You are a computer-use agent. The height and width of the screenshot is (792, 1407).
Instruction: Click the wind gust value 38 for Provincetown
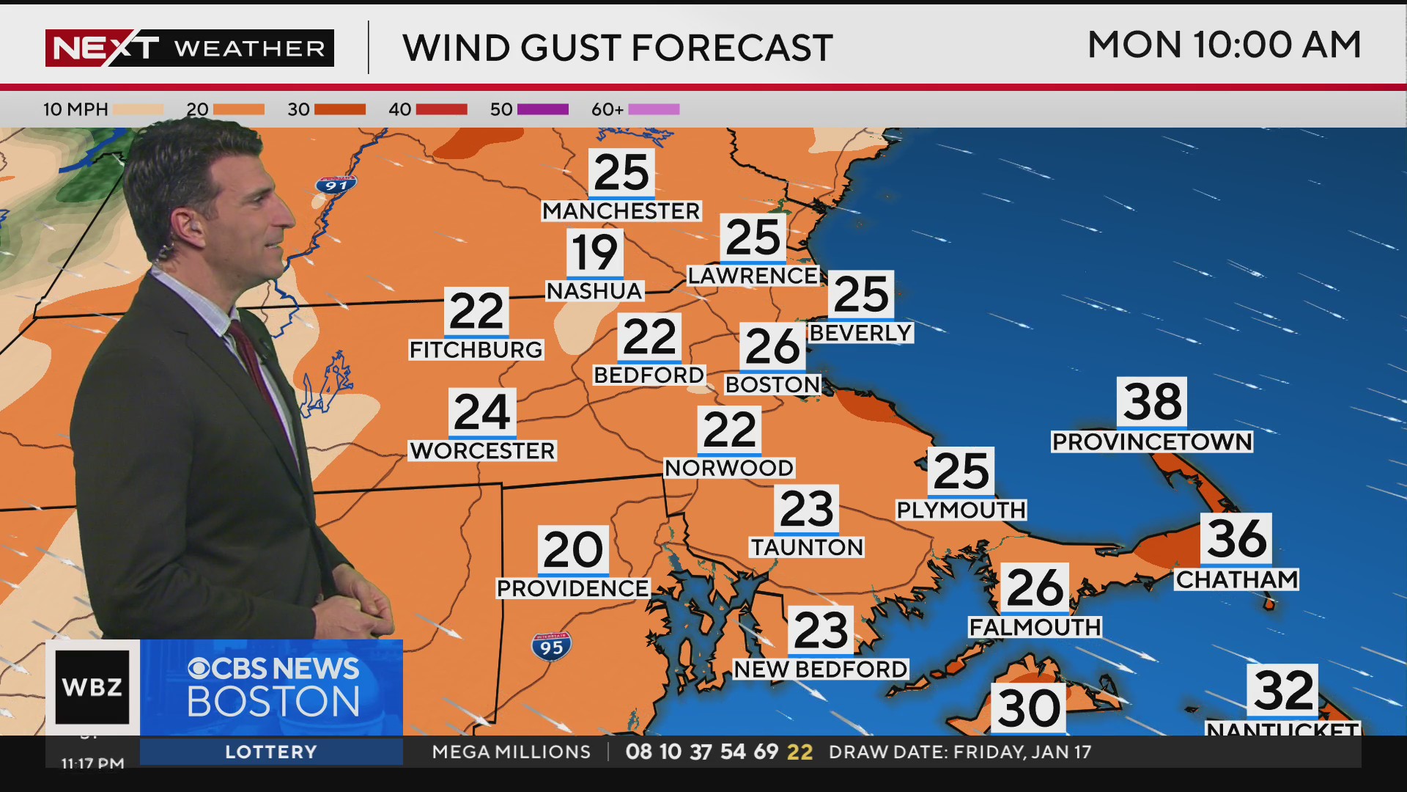1152,402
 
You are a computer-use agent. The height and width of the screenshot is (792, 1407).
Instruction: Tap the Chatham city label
1236,579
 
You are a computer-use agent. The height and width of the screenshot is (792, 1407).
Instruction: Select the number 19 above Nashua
594,253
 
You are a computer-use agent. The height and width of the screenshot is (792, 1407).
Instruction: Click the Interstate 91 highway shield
336,185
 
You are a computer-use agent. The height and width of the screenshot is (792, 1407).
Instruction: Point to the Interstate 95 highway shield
551,647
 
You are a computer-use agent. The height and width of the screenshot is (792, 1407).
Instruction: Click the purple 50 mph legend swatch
542,109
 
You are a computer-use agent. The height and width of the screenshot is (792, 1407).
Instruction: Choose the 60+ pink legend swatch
654,109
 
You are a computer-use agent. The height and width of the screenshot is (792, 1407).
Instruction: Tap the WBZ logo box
92,687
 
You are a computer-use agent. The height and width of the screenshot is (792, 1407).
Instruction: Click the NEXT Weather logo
189,48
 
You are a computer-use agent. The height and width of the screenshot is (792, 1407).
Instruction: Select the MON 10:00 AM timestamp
1224,45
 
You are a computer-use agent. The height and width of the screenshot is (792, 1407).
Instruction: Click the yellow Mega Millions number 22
799,752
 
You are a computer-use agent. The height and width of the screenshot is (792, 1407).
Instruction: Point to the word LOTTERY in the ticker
271,752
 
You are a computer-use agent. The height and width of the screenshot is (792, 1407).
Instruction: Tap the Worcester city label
482,450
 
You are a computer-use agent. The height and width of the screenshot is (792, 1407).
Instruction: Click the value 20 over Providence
573,550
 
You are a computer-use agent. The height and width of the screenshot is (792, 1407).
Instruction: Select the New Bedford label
821,669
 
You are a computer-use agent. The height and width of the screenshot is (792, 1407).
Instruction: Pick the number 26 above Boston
772,346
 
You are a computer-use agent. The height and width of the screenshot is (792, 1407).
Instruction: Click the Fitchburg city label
476,350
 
